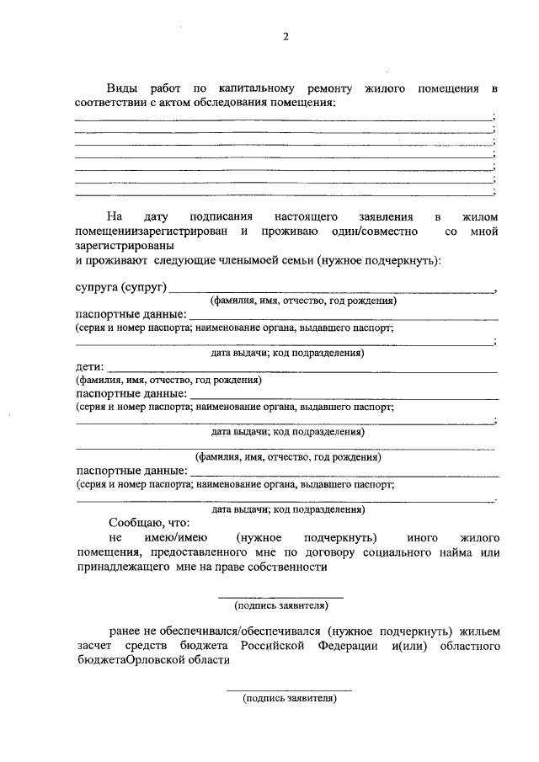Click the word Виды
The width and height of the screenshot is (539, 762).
click(122, 88)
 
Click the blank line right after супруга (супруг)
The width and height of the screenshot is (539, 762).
click(332, 291)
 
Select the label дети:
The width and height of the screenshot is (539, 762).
click(89, 366)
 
